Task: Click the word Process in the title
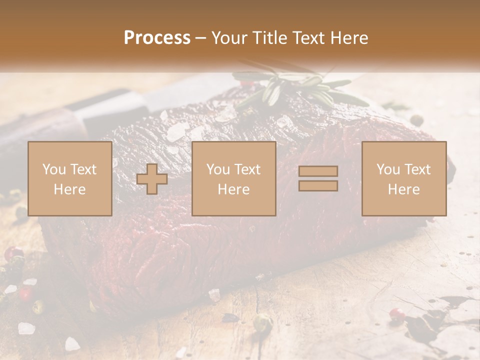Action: (x=157, y=38)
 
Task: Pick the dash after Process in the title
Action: (x=200, y=38)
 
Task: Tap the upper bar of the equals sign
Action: (x=318, y=171)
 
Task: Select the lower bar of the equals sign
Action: (x=318, y=186)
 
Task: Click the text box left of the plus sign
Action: (x=69, y=178)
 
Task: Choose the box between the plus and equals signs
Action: (x=233, y=178)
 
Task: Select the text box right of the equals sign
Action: (x=403, y=178)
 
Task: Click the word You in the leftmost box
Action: (x=53, y=169)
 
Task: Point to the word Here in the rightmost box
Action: (x=403, y=189)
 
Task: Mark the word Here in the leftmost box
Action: (x=69, y=189)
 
